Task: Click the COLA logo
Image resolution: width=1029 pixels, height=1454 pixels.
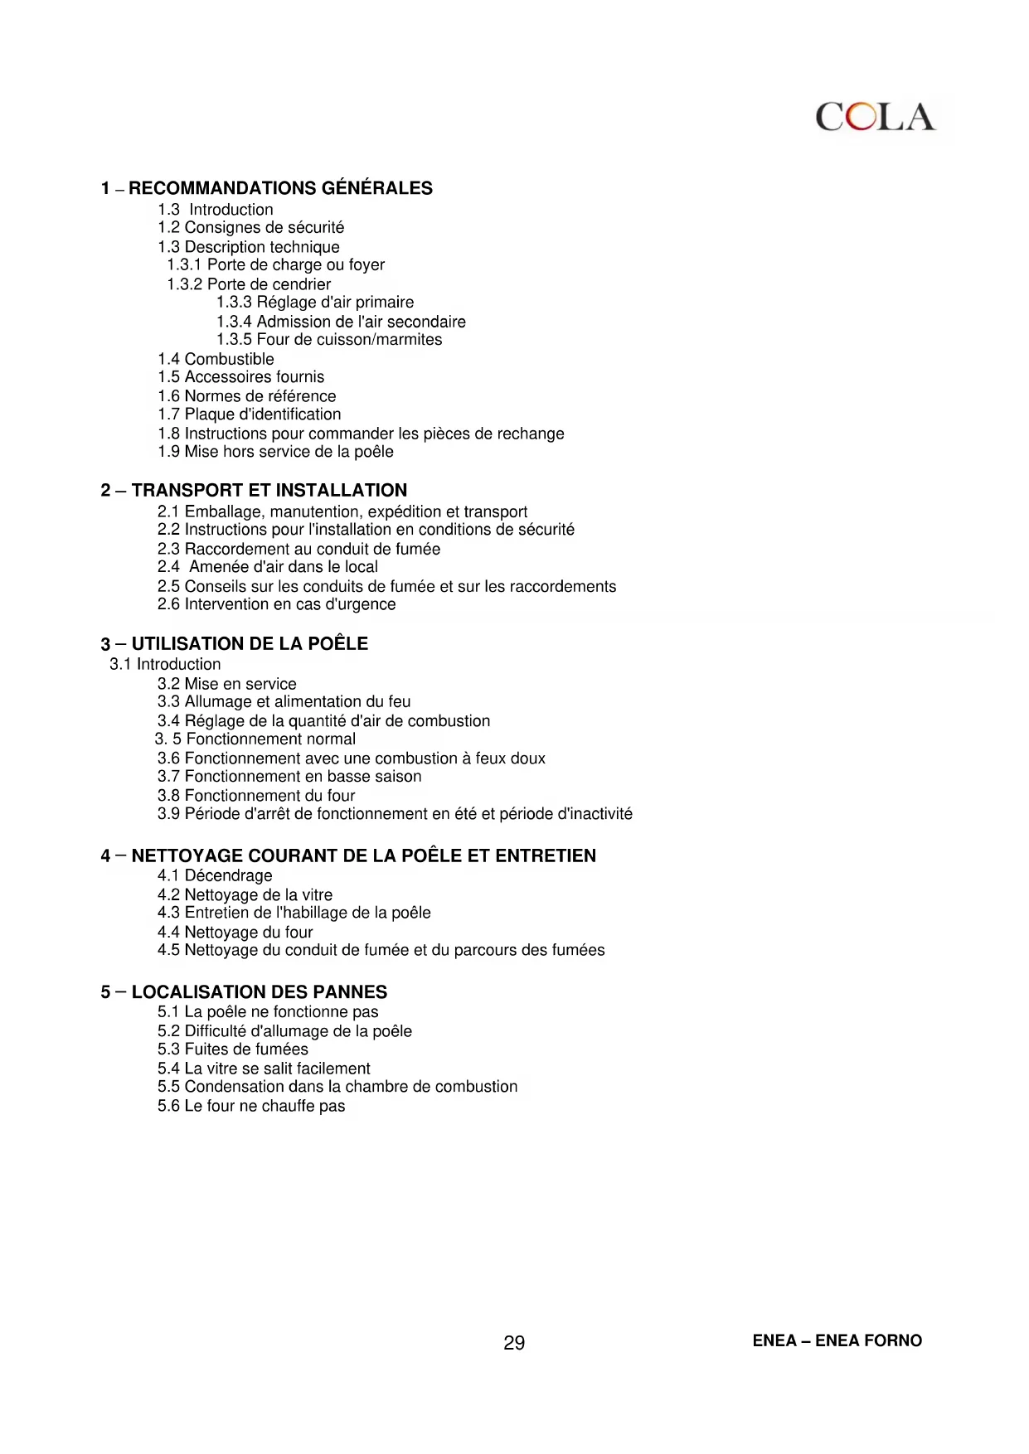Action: point(875,118)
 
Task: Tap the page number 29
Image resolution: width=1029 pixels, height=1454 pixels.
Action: point(514,1343)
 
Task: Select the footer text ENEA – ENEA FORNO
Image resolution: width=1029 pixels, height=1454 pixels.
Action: point(837,1340)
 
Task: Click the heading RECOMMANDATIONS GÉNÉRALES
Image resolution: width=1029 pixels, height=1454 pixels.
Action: point(280,188)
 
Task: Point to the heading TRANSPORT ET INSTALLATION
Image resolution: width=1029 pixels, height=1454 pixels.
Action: point(269,490)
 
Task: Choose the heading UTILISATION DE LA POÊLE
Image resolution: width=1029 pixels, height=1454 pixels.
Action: point(250,643)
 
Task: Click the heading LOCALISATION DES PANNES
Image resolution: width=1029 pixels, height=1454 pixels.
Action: point(259,992)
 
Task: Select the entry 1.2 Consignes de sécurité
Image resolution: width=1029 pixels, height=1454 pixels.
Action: point(250,227)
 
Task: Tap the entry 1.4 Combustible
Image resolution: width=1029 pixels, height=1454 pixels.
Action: point(216,359)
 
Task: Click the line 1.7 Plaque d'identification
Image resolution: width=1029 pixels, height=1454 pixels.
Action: point(249,414)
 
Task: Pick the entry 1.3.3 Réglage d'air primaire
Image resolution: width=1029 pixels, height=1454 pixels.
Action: point(315,302)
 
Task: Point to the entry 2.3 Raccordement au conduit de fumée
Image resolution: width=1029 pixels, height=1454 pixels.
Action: point(299,549)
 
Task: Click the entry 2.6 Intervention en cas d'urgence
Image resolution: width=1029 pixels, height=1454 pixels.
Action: point(276,604)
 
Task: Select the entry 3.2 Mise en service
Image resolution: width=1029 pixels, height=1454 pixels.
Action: point(226,684)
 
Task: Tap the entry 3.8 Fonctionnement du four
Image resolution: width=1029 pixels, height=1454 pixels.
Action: point(255,796)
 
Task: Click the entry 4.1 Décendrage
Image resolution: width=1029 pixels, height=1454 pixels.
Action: point(214,875)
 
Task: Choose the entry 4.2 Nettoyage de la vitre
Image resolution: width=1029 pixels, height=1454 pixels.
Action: point(245,894)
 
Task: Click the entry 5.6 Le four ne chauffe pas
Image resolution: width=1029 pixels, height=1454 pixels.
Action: point(251,1106)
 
